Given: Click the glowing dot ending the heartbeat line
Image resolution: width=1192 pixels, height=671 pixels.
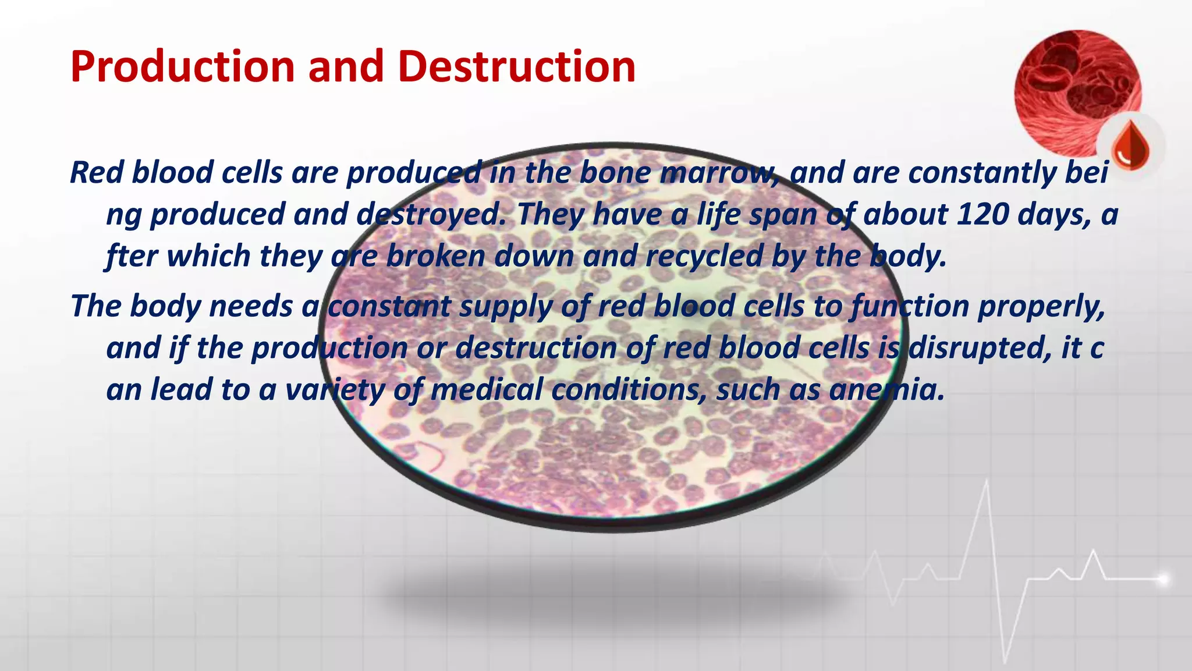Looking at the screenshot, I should (1162, 579).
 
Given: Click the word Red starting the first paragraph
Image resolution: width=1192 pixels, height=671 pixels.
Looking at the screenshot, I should (96, 173).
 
